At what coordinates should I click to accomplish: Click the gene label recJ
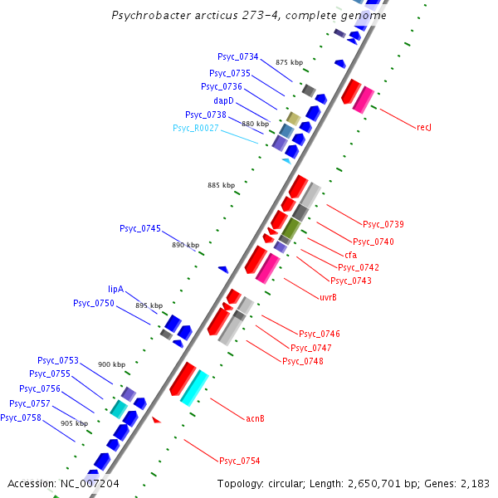coord(424,127)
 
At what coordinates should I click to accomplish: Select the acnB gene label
coord(255,417)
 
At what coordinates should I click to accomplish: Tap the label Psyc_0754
coord(239,460)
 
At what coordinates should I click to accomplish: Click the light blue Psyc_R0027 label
coord(196,128)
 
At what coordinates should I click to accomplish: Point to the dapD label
coord(224,100)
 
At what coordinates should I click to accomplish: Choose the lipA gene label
coord(115,289)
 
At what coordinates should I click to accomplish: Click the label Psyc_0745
coord(140,228)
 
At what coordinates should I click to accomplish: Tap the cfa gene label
coord(350,254)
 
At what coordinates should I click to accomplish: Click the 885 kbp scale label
coord(221,184)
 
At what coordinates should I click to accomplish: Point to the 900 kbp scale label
coord(111,364)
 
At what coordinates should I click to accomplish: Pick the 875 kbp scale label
coord(290,62)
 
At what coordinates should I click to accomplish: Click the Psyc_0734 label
coord(238,56)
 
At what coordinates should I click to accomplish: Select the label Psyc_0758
coord(21,417)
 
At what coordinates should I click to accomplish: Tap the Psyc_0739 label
coord(383,224)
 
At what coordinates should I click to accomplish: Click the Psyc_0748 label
coord(303,361)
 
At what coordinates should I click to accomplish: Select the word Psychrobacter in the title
coord(147,16)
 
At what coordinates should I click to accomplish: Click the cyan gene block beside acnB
coord(194,387)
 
